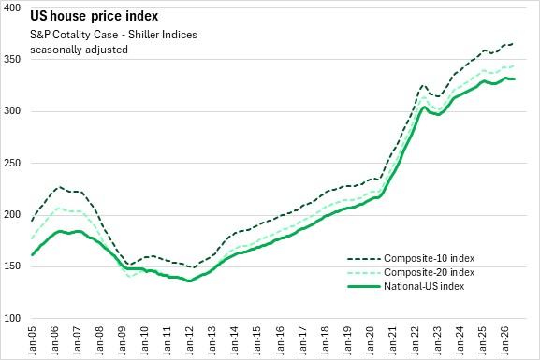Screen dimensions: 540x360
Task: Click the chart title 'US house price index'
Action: pos(94,16)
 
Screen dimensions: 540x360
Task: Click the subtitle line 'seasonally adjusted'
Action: pos(79,50)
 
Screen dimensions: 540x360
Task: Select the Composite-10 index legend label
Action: pos(430,258)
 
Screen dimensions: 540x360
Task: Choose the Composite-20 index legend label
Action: pos(430,272)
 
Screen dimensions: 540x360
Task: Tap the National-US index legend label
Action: pos(424,286)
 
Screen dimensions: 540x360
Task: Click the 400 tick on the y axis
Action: pos(12,7)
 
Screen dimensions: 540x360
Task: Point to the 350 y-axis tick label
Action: pos(12,60)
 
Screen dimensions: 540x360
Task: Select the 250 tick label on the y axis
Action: pos(12,163)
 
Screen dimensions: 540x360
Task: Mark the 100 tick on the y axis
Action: pos(12,318)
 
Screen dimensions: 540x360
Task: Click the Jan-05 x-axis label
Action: pos(32,338)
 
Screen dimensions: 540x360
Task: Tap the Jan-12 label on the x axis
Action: pos(190,338)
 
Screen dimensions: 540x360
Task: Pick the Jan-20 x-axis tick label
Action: pos(370,338)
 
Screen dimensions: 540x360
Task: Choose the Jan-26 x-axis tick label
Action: pos(504,338)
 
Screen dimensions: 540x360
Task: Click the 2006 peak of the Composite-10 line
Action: pos(60,187)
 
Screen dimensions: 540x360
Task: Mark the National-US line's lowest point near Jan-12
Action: pos(189,281)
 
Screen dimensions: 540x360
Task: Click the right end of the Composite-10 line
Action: pos(513,44)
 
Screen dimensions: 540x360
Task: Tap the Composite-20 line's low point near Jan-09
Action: pos(129,277)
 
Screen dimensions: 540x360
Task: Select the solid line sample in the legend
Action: pos(364,286)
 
